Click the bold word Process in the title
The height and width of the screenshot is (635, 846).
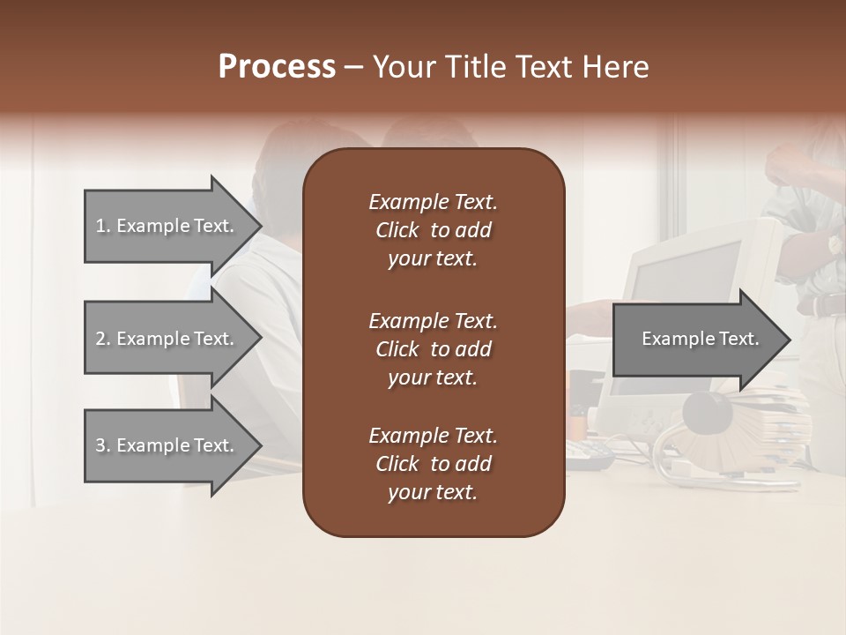[x=277, y=67]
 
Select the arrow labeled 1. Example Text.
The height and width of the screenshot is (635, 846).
[x=167, y=226]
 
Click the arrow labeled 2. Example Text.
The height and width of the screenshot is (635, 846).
[x=167, y=339]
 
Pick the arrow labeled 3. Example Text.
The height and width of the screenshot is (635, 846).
[x=167, y=445]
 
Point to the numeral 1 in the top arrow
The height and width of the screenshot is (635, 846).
[x=100, y=226]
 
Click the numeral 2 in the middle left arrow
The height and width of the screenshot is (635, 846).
[x=100, y=339]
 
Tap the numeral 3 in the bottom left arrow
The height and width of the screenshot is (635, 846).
[x=100, y=445]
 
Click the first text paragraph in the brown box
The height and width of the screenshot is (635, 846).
[x=433, y=230]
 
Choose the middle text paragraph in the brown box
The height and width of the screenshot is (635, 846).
[x=433, y=349]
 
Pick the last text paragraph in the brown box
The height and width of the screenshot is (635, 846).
[x=433, y=464]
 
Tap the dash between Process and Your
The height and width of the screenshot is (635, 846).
[x=353, y=67]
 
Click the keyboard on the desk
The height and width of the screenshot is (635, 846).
[x=588, y=454]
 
